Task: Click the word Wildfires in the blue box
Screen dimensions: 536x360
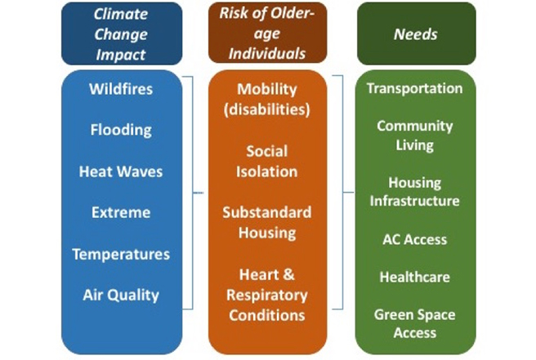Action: [121, 89]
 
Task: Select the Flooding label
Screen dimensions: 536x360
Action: [121, 130]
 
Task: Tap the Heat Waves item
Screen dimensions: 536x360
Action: [121, 171]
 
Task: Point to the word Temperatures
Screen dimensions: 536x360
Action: [121, 255]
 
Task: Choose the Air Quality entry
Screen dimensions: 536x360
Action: [121, 296]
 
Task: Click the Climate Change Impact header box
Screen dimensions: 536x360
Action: [122, 33]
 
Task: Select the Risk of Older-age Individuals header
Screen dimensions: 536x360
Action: [267, 33]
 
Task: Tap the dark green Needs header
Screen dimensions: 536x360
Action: [416, 33]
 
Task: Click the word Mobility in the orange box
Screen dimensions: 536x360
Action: [267, 90]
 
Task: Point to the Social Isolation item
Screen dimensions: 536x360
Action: [267, 162]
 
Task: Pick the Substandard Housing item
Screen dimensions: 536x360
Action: [267, 223]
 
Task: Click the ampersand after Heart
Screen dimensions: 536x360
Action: [289, 274]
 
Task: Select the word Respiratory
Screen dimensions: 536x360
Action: [267, 296]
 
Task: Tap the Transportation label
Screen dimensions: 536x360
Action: [414, 88]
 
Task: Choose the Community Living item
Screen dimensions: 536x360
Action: [414, 136]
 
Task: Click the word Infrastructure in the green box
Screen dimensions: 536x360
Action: [414, 201]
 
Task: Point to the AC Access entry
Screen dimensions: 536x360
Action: [414, 239]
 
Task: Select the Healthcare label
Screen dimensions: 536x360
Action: [414, 277]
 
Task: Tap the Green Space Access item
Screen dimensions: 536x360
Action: [414, 324]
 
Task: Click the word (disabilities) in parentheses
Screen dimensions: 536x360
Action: [267, 110]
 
